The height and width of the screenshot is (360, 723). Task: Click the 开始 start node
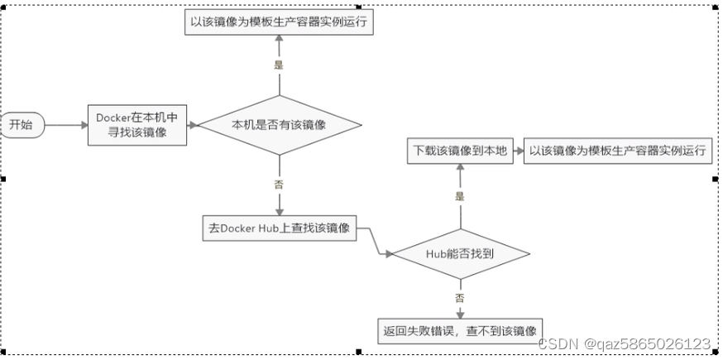(x=22, y=125)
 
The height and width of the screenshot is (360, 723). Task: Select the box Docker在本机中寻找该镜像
(x=136, y=125)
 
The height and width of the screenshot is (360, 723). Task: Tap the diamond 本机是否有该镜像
(x=279, y=125)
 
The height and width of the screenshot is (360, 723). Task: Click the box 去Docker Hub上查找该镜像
(x=279, y=228)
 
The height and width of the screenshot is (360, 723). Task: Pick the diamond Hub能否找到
(x=459, y=254)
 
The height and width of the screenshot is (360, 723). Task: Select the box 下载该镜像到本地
(x=459, y=151)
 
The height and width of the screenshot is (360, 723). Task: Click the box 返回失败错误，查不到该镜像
(x=461, y=331)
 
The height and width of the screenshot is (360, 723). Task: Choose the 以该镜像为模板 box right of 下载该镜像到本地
(x=618, y=151)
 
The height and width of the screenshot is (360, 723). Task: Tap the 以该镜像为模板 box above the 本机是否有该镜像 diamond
(x=279, y=23)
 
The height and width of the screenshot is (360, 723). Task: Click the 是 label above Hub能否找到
(x=460, y=197)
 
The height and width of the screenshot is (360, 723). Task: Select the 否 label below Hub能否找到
(x=460, y=296)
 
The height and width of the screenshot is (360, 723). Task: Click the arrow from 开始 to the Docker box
(x=66, y=125)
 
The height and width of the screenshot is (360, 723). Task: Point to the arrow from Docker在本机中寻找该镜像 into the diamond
(x=192, y=125)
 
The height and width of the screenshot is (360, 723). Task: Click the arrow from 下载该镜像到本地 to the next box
(x=516, y=151)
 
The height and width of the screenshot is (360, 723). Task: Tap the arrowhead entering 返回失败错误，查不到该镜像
(x=460, y=314)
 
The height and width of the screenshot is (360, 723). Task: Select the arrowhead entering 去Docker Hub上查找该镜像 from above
(x=279, y=212)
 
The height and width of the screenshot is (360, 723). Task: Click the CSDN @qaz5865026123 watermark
(x=624, y=343)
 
